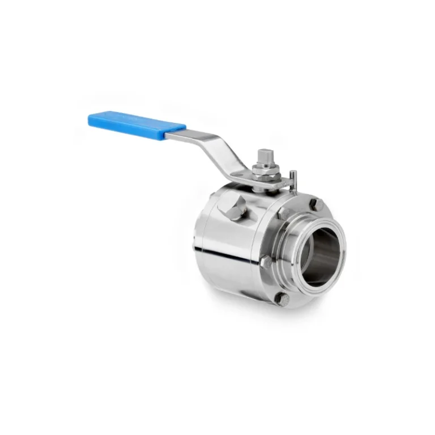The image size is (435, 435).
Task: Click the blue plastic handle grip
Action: pos(136,125)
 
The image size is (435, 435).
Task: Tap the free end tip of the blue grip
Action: pos(91,118)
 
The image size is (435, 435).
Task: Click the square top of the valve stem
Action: pos(265,155)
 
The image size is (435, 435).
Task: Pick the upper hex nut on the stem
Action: pos(265,169)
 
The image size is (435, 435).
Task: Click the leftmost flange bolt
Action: pos(265,261)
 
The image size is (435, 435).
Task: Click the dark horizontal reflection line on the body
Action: pos(227,254)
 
